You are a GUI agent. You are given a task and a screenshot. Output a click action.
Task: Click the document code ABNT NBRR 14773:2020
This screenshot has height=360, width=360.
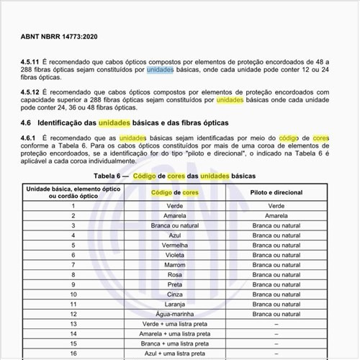[x=59, y=35]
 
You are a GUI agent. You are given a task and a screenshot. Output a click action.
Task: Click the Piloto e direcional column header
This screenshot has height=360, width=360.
[x=276, y=193]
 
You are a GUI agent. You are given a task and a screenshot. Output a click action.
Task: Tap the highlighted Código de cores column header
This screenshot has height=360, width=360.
[x=176, y=193]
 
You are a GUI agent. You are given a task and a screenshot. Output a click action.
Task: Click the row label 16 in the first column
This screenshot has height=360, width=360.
[x=73, y=353]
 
